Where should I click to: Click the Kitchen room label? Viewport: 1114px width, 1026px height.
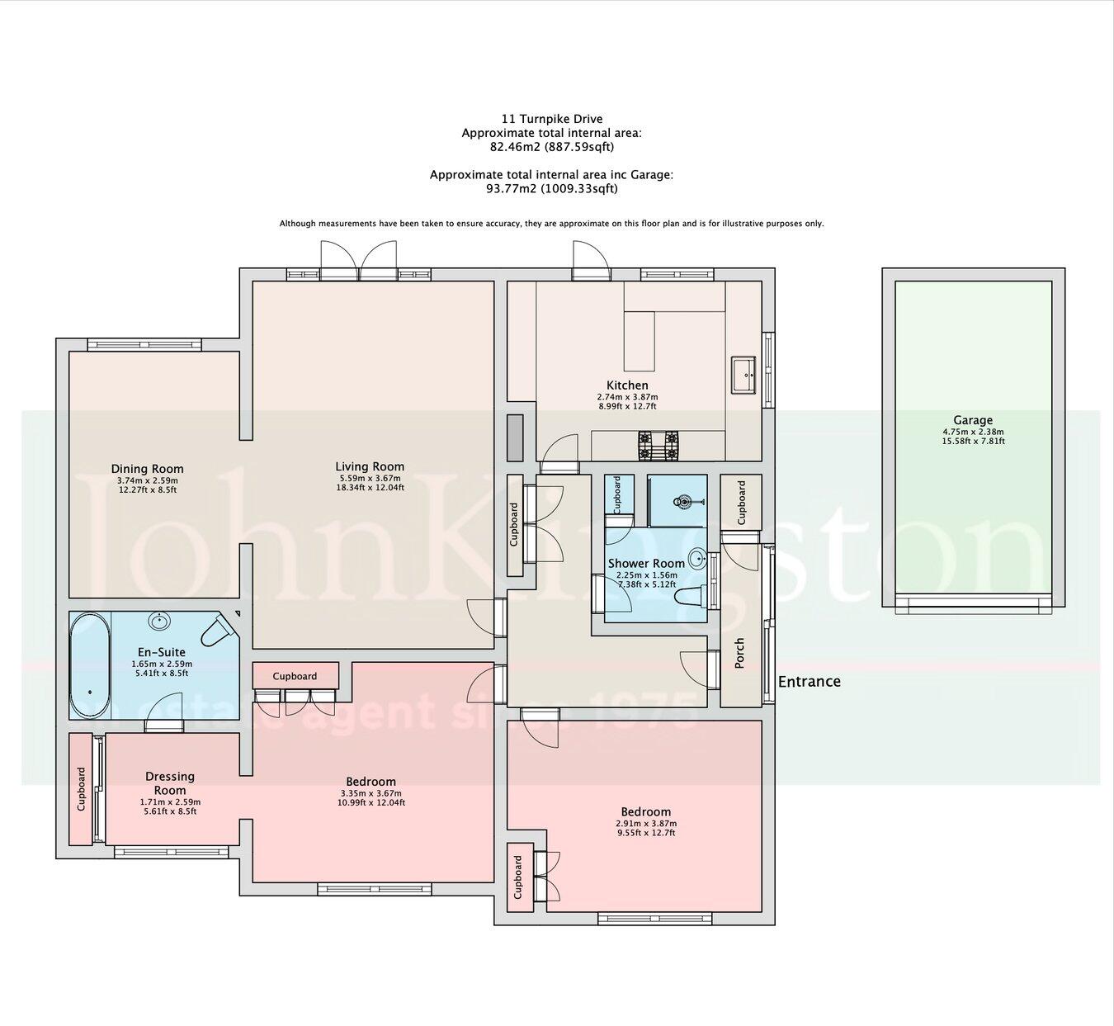click(x=627, y=385)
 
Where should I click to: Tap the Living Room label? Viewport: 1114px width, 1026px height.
click(x=370, y=466)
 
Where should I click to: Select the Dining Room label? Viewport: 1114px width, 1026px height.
click(x=147, y=469)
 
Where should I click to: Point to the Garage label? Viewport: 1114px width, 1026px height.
click(x=973, y=420)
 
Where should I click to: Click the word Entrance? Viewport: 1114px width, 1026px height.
click(x=810, y=681)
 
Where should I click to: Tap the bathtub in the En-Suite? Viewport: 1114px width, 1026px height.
click(x=89, y=665)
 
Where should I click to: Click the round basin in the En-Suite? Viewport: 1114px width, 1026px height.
click(x=159, y=621)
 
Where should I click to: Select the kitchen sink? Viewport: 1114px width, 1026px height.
click(x=744, y=376)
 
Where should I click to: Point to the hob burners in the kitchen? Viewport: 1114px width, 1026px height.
click(x=658, y=446)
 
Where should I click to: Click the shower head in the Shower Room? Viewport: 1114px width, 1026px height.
click(x=683, y=501)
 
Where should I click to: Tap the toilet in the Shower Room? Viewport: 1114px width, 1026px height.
click(x=689, y=596)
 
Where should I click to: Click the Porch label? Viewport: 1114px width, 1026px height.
click(x=739, y=653)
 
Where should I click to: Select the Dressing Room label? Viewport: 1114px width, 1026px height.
click(x=170, y=783)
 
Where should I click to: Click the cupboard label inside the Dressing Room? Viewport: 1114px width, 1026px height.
click(x=81, y=789)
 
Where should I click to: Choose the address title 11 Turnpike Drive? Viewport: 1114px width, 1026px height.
click(x=551, y=119)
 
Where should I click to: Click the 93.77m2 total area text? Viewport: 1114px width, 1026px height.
click(x=551, y=188)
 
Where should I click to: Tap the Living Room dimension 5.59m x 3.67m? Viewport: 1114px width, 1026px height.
click(x=370, y=478)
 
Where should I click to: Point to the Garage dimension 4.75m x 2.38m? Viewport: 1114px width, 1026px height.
click(x=973, y=432)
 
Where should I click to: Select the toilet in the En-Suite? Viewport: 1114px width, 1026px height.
click(x=218, y=631)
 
